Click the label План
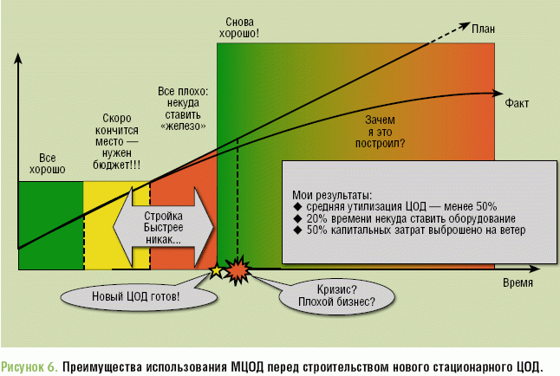pyautogui.click(x=484, y=29)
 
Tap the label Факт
pyautogui.click(x=518, y=101)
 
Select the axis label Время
pyautogui.click(x=518, y=283)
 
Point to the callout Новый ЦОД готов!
pyautogui.click(x=136, y=297)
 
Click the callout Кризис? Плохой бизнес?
pyautogui.click(x=335, y=295)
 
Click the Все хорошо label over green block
pyautogui.click(x=51, y=164)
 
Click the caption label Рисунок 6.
pyautogui.click(x=31, y=366)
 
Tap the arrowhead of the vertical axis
pyautogui.click(x=18, y=59)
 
